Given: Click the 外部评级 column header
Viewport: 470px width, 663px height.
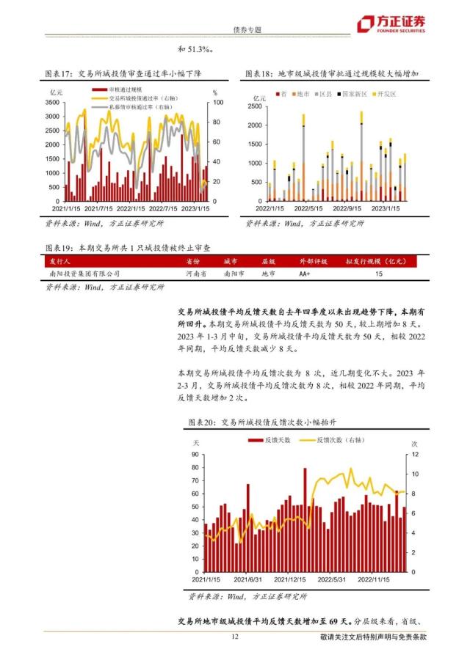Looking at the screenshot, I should (314, 260).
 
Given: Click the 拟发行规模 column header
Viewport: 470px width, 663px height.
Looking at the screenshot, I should (377, 260).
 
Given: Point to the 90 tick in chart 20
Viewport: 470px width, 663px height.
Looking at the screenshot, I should (195, 455).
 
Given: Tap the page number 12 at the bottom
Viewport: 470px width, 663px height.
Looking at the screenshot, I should (235, 637).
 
